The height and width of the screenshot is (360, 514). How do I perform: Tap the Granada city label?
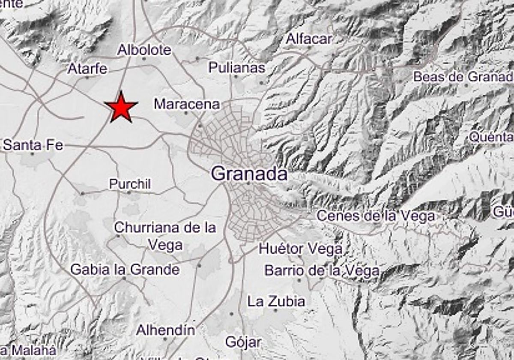(x=249, y=174)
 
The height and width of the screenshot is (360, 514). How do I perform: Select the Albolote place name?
(x=144, y=50)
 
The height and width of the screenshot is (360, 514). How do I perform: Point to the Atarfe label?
(x=87, y=69)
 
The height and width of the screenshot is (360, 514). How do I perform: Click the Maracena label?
(x=187, y=104)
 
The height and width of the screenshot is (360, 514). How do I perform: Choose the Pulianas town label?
(x=237, y=67)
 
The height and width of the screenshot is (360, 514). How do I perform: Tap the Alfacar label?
(x=309, y=39)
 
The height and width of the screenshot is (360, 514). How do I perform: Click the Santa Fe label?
(x=33, y=145)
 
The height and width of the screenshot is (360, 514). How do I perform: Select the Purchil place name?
(x=130, y=184)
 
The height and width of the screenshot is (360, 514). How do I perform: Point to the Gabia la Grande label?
(x=125, y=270)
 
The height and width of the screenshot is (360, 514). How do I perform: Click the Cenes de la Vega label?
(x=376, y=216)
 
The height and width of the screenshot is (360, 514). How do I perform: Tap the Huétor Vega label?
(x=301, y=248)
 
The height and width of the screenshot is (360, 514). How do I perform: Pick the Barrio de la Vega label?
(x=322, y=270)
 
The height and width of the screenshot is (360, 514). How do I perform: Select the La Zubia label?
(x=276, y=301)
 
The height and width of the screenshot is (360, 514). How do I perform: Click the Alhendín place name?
(x=165, y=330)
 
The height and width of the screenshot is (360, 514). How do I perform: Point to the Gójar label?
(x=243, y=342)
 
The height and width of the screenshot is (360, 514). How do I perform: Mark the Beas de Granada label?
(x=463, y=77)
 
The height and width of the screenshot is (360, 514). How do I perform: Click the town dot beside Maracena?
(x=186, y=113)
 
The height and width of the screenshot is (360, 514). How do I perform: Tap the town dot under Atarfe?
(x=87, y=78)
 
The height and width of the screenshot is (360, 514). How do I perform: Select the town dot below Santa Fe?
(x=33, y=153)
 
